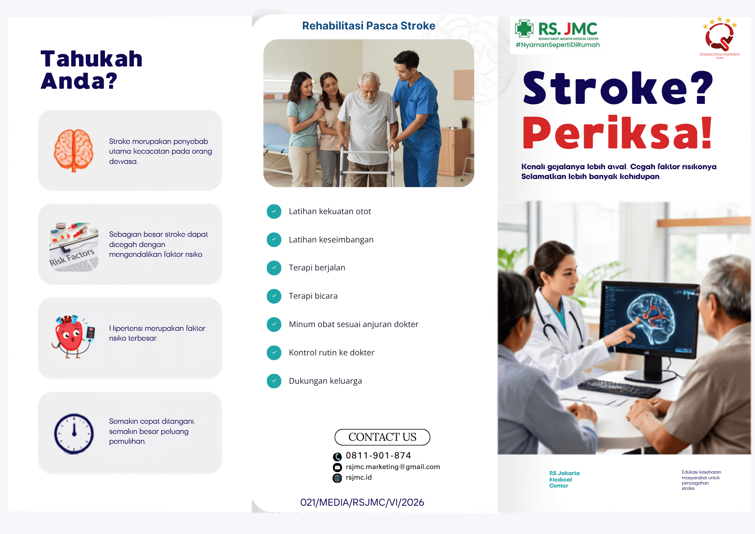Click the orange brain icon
coord(74,150)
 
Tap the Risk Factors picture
coord(74,247)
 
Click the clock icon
coord(74,434)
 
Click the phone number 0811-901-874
coord(378,455)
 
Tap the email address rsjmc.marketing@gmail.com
coord(393,467)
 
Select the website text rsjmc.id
coord(359,477)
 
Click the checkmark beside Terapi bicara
coord(274,296)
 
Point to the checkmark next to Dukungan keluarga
coord(274,381)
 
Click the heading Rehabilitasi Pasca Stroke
coord(368,26)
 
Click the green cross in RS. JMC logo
coord(524,29)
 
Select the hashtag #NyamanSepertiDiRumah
coord(558,45)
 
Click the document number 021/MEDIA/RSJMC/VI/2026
coord(362,502)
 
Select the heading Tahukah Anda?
coord(91,70)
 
